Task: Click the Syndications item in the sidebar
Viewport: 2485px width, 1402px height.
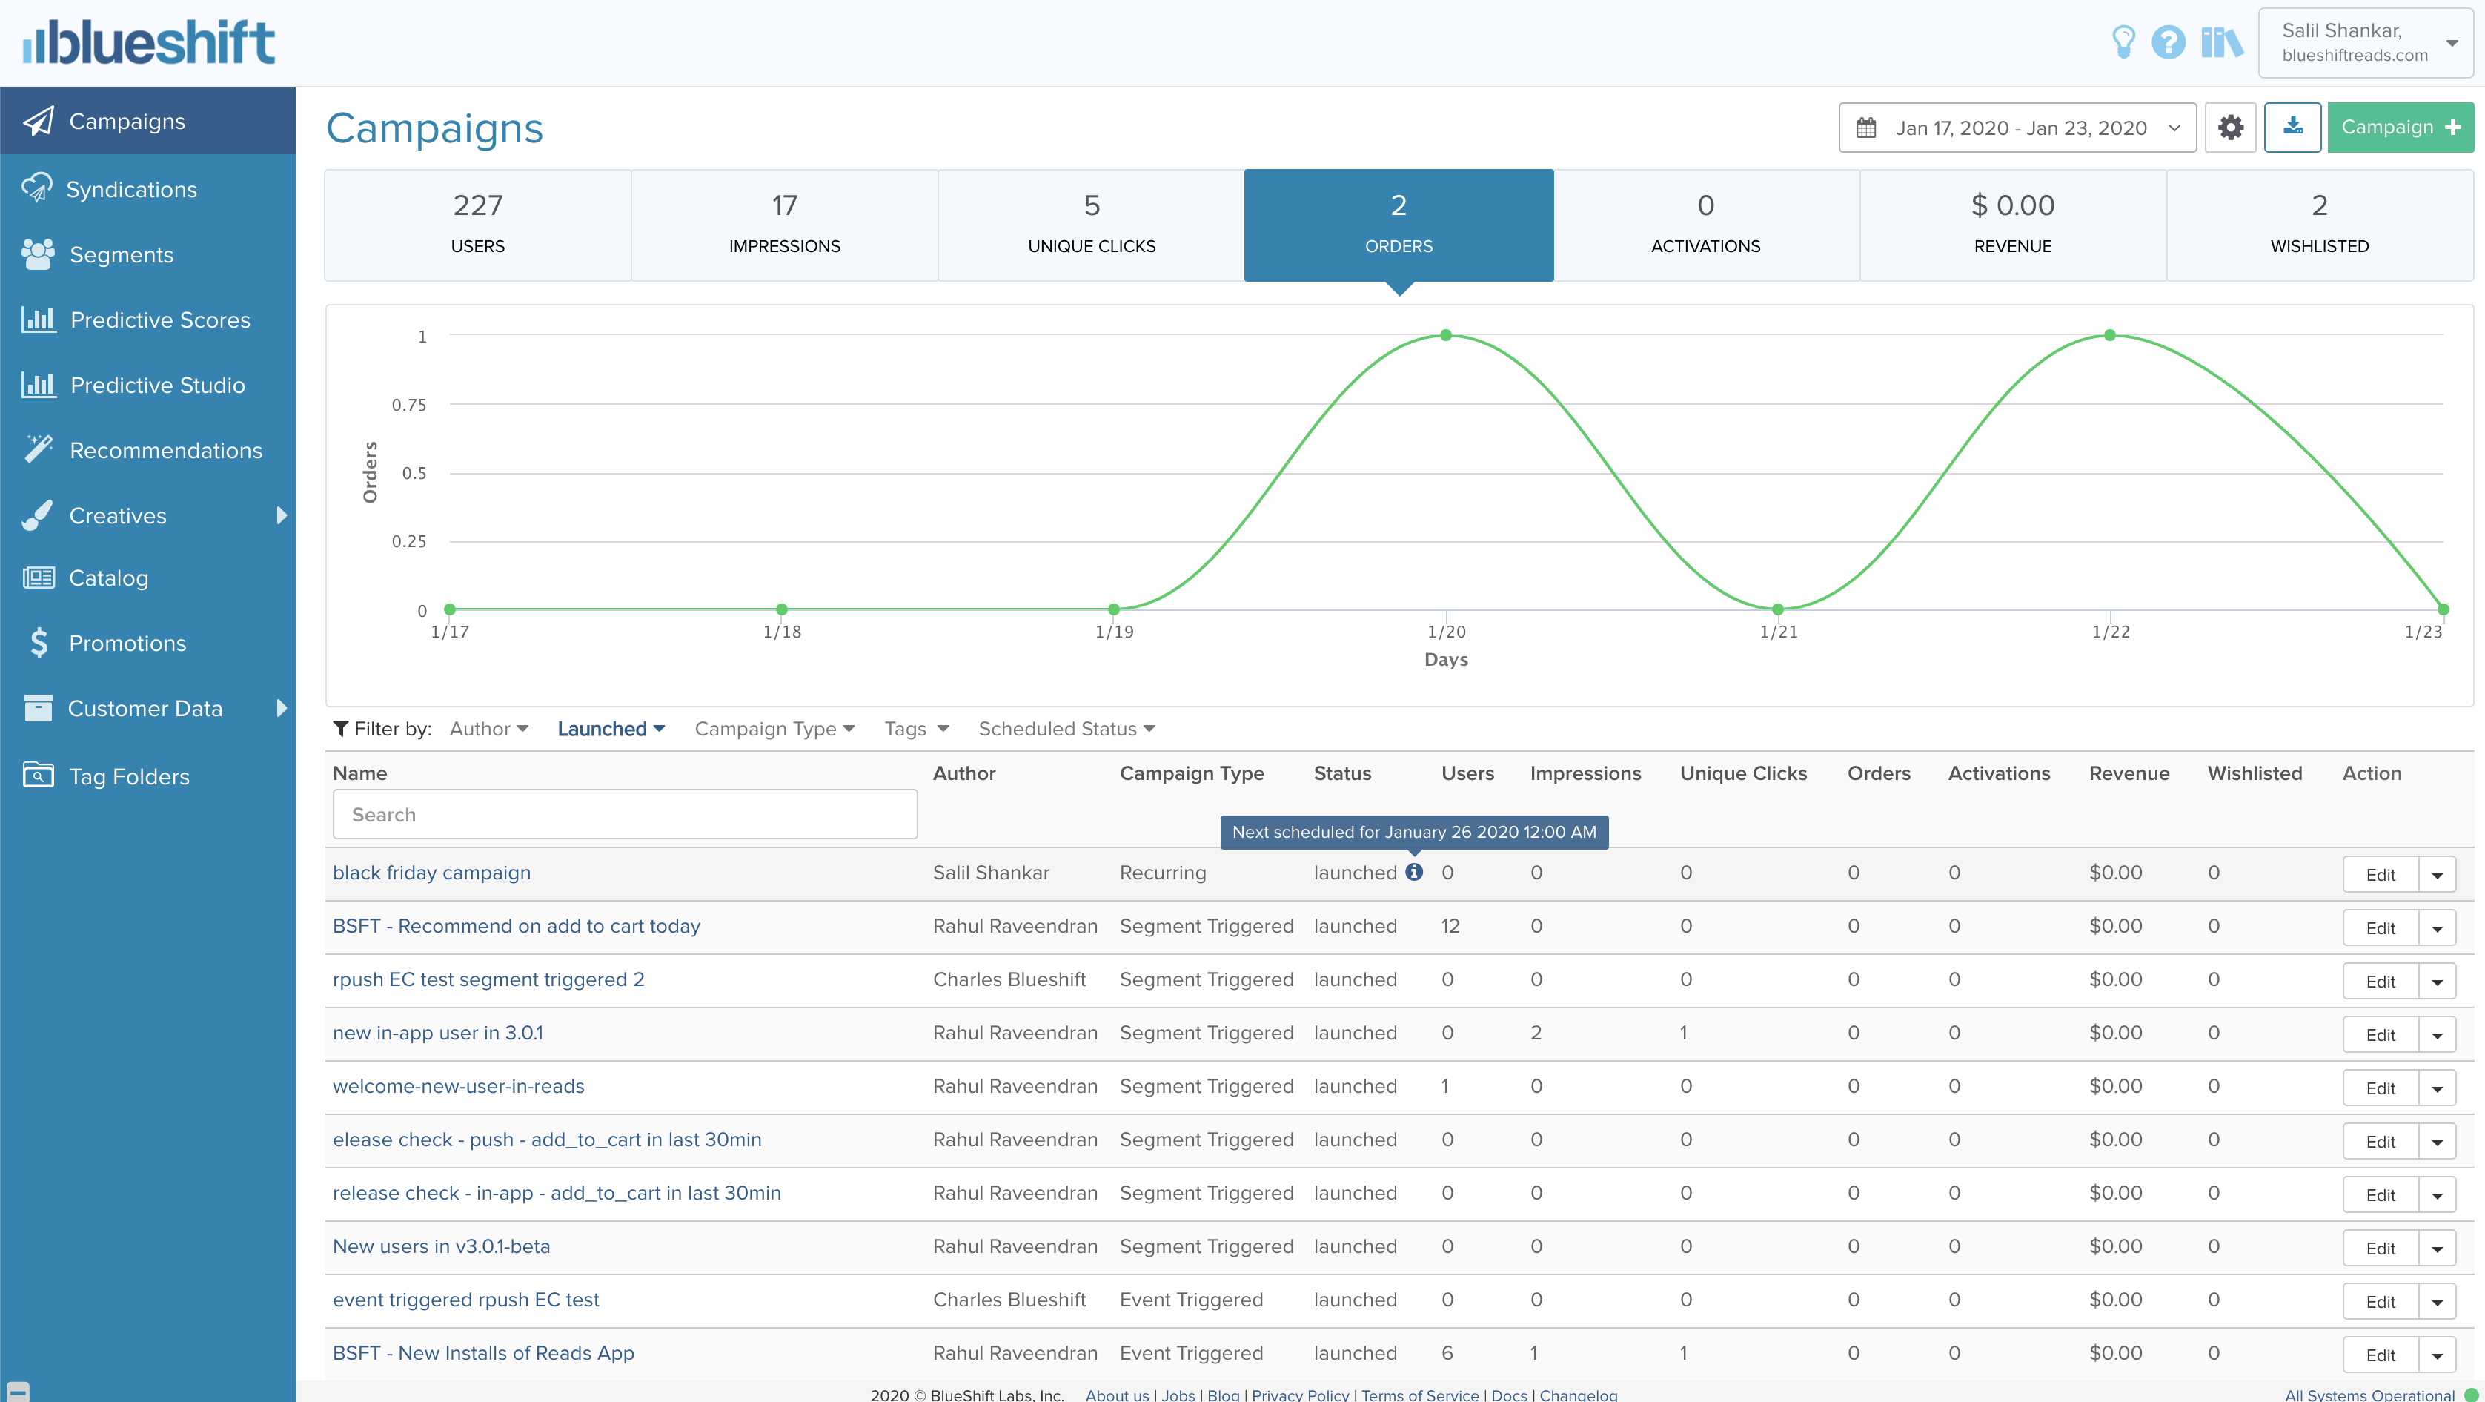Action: click(131, 189)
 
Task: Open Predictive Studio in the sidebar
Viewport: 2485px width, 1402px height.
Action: click(157, 385)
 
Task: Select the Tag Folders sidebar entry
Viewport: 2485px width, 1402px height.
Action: click(128, 777)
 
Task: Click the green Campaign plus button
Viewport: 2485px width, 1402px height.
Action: click(2399, 128)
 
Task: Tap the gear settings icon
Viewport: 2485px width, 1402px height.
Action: click(2229, 128)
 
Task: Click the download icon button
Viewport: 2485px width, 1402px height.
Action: click(2292, 128)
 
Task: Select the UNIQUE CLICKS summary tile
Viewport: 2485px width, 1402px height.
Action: click(1091, 225)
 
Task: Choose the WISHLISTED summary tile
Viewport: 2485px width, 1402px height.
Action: click(2318, 225)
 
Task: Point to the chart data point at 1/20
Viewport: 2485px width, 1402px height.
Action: click(1445, 336)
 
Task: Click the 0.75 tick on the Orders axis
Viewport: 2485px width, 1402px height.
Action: click(409, 406)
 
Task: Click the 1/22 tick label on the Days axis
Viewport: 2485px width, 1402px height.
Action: click(2110, 632)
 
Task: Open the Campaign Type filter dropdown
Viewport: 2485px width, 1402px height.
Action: click(774, 730)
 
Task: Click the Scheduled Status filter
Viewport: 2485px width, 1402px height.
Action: click(1066, 730)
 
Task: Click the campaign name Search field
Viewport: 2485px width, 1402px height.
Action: click(624, 814)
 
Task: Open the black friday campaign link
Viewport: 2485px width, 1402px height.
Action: click(431, 873)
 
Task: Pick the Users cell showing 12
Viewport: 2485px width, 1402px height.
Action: click(1450, 926)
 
